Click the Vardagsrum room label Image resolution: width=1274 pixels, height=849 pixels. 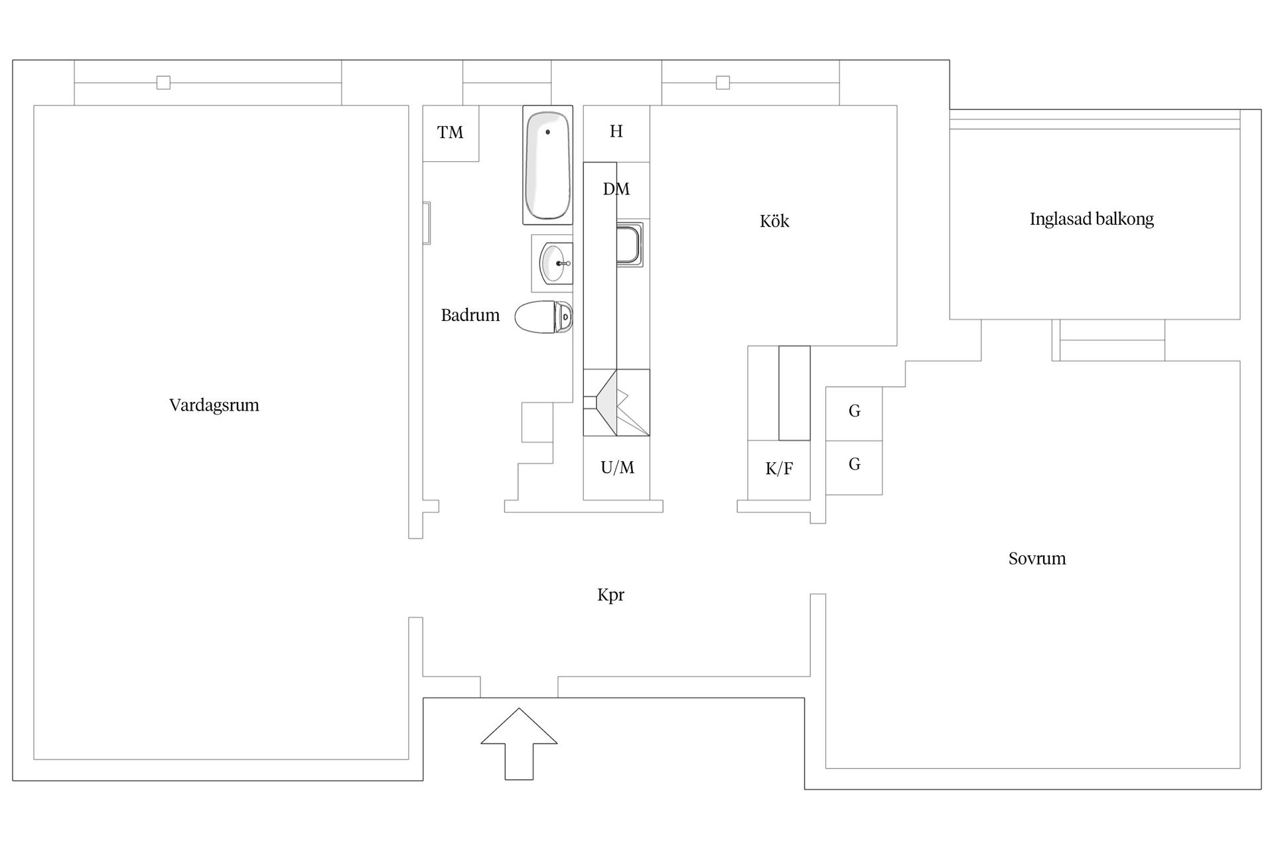click(x=214, y=405)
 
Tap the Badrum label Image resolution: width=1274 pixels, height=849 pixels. click(x=470, y=315)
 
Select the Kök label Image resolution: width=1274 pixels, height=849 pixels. click(x=774, y=221)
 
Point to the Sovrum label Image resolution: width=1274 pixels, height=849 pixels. click(x=1037, y=558)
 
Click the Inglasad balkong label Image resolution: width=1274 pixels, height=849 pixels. click(x=1092, y=220)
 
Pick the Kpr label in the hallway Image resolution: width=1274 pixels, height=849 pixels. click(x=610, y=595)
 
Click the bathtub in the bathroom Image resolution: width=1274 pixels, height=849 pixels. click(x=547, y=165)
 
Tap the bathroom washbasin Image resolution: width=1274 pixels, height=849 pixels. click(x=555, y=263)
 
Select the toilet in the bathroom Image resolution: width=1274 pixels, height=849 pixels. click(x=543, y=317)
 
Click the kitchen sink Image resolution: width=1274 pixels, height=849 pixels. click(x=629, y=244)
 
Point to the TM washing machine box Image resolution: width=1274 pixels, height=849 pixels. click(x=451, y=133)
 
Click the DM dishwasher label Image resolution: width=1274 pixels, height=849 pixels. click(x=616, y=189)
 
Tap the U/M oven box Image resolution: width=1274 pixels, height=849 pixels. click(x=616, y=468)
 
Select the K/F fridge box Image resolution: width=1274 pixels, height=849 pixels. click(x=779, y=470)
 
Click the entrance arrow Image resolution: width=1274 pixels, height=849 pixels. click(x=519, y=744)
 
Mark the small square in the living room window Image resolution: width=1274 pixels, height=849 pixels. click(x=163, y=83)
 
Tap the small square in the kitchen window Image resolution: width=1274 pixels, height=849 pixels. click(x=723, y=83)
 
